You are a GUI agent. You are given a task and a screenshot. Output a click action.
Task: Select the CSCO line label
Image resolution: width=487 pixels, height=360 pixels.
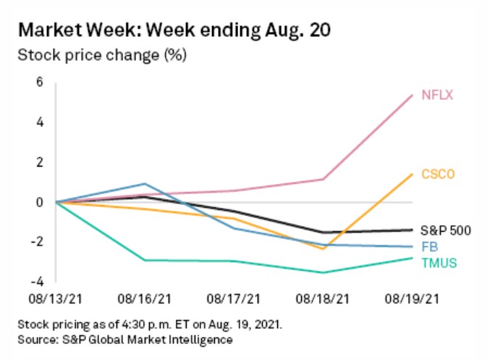click(x=438, y=175)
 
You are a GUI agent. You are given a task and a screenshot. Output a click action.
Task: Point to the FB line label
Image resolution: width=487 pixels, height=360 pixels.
click(x=428, y=247)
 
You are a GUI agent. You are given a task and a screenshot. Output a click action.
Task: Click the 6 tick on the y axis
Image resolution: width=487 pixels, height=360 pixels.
click(x=40, y=83)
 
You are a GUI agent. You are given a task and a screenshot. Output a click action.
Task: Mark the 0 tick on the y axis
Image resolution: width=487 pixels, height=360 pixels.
click(x=40, y=202)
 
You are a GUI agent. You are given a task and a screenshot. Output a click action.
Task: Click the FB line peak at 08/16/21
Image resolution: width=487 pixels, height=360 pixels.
click(x=145, y=184)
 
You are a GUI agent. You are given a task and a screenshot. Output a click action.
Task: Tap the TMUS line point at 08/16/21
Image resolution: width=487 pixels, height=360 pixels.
click(x=145, y=260)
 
